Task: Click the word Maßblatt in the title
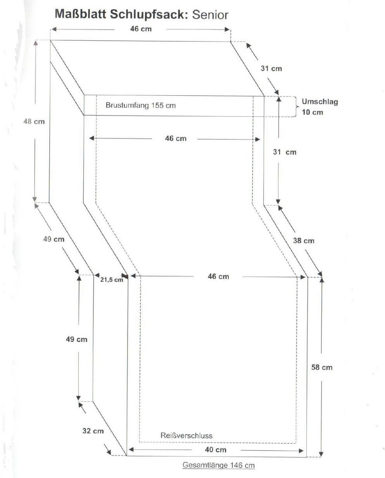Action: tap(81, 14)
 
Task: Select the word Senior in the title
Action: tap(210, 14)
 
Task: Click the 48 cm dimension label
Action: tap(34, 121)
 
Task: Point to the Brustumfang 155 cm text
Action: tap(141, 105)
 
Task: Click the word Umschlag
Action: tap(320, 102)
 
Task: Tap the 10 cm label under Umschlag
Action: tap(312, 112)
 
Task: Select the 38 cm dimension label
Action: tap(304, 241)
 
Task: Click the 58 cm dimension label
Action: tap(322, 367)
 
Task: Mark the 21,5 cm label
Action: tap(112, 280)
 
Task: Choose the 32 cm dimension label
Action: tap(93, 431)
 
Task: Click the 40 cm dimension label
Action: tap(216, 450)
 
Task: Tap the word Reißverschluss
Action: tap(186, 435)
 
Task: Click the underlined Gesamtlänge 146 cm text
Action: tap(219, 465)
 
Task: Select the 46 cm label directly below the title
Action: tap(141, 29)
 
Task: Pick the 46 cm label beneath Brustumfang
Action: tap(176, 138)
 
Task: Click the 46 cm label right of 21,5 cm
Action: tap(218, 276)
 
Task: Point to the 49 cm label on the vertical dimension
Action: tap(77, 339)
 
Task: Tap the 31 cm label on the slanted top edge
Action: tap(271, 69)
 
